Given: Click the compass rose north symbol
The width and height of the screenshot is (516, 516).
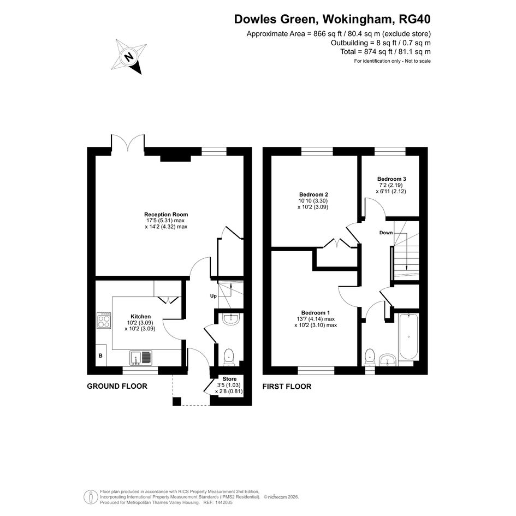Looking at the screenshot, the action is pyautogui.click(x=129, y=56).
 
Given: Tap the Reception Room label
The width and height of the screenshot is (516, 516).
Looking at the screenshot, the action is pyautogui.click(x=166, y=215).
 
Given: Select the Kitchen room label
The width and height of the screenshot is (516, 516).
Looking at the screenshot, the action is pyautogui.click(x=140, y=317).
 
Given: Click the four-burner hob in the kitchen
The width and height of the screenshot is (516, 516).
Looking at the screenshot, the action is pyautogui.click(x=104, y=320).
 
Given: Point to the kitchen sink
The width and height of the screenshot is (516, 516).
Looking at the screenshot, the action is pyautogui.click(x=141, y=358).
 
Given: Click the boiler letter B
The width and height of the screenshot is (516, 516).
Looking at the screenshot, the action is pyautogui.click(x=100, y=355).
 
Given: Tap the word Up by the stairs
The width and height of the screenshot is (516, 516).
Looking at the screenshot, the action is pyautogui.click(x=213, y=296).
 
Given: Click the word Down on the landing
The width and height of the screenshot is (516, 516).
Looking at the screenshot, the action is pyautogui.click(x=386, y=233).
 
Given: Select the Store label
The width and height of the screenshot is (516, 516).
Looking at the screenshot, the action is pyautogui.click(x=229, y=379).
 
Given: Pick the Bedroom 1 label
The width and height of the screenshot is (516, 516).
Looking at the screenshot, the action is pyautogui.click(x=316, y=313).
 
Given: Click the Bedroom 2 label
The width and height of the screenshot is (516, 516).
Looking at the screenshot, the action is pyautogui.click(x=313, y=194).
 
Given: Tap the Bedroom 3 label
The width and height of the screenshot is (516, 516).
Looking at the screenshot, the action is pyautogui.click(x=392, y=179).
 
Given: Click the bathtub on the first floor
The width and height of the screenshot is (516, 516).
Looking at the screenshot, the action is pyautogui.click(x=409, y=336).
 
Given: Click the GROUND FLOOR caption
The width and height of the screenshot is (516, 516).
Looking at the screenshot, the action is pyautogui.click(x=117, y=387).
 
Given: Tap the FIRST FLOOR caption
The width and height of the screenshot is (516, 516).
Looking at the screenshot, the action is pyautogui.click(x=287, y=387).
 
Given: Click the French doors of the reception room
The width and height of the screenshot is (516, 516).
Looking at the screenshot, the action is pyautogui.click(x=128, y=144).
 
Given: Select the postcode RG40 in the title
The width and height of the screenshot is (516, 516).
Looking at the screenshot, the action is pyautogui.click(x=414, y=20).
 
